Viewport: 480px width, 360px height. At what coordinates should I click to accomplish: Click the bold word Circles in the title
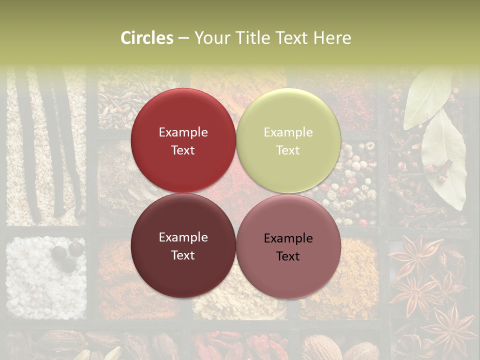pos(147,38)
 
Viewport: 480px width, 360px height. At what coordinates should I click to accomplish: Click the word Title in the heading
pos(246,38)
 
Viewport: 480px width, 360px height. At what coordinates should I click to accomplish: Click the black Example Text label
pos(288,247)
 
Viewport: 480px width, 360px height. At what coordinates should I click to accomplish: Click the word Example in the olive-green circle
pos(288,132)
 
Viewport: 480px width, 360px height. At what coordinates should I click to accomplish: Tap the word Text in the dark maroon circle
pos(183,255)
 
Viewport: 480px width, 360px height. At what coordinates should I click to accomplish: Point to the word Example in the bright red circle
pos(183,132)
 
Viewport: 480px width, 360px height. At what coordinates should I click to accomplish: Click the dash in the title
pos(183,38)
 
